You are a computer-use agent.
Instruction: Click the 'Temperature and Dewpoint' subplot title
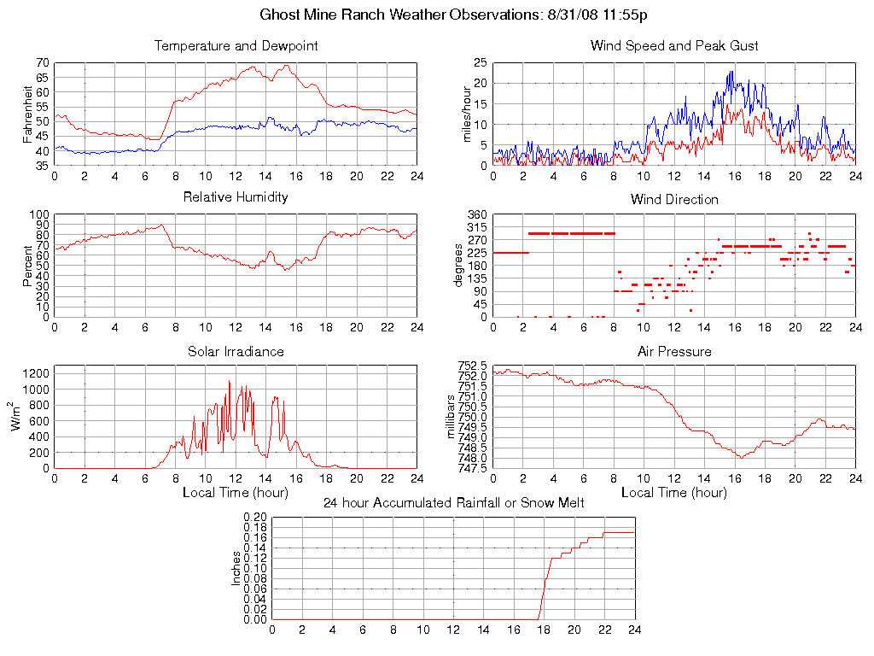click(x=236, y=46)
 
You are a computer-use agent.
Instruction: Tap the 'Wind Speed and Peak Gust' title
click(x=674, y=46)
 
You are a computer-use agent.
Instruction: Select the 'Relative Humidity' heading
click(x=236, y=197)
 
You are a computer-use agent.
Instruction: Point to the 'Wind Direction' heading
click(x=674, y=200)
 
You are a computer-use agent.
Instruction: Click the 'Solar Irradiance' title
click(x=236, y=351)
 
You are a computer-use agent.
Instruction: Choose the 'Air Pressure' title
click(x=674, y=351)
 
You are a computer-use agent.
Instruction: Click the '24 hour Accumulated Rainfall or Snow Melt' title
click(x=453, y=503)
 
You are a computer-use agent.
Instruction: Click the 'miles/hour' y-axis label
click(x=467, y=114)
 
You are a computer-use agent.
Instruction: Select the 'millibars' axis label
click(x=452, y=416)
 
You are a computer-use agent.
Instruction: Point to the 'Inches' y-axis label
click(x=236, y=568)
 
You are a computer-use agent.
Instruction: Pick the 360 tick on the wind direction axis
click(x=476, y=214)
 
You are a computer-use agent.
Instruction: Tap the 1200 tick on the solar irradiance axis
click(x=37, y=373)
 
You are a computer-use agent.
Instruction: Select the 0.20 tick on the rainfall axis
click(x=255, y=518)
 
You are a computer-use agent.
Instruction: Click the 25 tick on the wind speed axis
click(x=480, y=63)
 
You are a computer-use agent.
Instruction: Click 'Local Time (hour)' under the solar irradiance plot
click(x=236, y=493)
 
